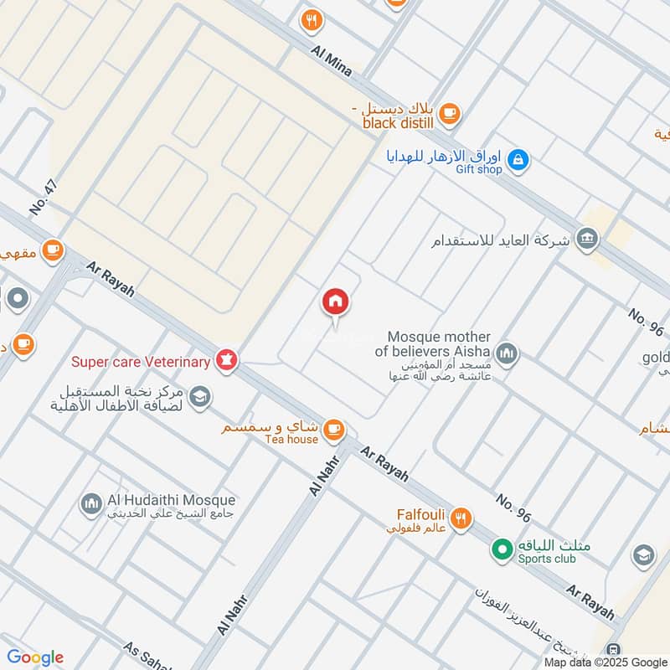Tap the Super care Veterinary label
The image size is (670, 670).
140,362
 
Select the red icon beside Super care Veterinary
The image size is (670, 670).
226,361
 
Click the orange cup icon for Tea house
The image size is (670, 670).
333,429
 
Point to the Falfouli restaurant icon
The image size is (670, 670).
460,520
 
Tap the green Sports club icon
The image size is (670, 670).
502,549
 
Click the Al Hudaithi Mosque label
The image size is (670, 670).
171,500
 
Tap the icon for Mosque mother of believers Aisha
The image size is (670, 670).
506,354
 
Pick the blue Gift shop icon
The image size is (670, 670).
519,159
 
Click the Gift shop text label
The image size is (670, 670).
479,169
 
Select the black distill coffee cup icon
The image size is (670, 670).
450,113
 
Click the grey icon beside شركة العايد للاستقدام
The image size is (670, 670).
588,240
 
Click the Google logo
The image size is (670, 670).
35,657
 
